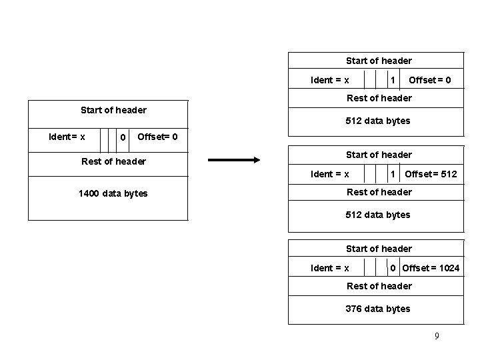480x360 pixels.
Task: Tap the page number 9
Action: [x=437, y=336]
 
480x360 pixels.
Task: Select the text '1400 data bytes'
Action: [x=113, y=193]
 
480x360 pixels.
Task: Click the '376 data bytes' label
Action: [x=378, y=309]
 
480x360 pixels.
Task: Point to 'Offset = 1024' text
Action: [x=431, y=268]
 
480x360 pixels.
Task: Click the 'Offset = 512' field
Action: [x=431, y=174]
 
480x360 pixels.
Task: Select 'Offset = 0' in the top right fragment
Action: [x=429, y=80]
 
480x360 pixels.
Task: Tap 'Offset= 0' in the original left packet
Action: [x=157, y=137]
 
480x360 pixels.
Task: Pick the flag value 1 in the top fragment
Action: [x=393, y=80]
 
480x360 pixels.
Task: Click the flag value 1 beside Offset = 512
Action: [x=393, y=174]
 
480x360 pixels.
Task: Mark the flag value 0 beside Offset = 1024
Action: [x=393, y=268]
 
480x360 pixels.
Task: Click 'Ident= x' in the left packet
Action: [x=67, y=137]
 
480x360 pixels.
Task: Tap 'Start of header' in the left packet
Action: [x=113, y=109]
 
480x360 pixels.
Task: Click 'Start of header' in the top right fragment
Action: [x=379, y=61]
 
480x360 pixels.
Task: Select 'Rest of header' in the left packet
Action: [x=113, y=161]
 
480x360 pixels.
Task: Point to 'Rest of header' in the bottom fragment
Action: [x=379, y=286]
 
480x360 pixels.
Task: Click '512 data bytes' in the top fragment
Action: [x=378, y=121]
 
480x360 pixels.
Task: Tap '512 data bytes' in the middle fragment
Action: [x=378, y=215]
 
